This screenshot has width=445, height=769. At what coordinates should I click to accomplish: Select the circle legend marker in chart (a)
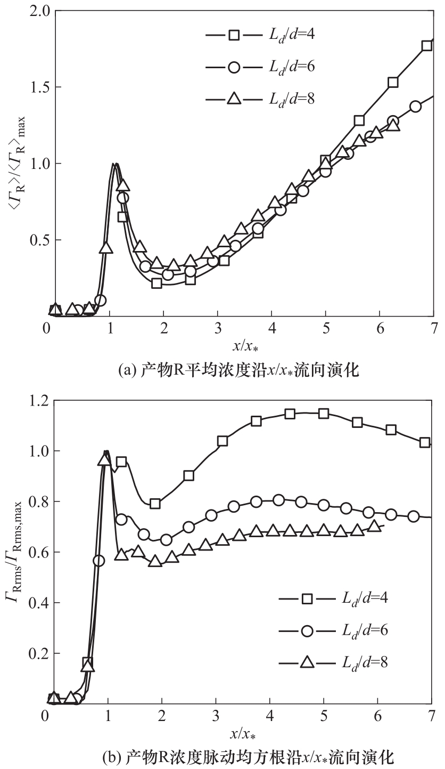coord(234,67)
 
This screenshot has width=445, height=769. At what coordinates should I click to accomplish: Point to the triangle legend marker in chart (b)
coord(307,662)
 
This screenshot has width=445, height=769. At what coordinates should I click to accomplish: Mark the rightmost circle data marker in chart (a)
coord(415,106)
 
